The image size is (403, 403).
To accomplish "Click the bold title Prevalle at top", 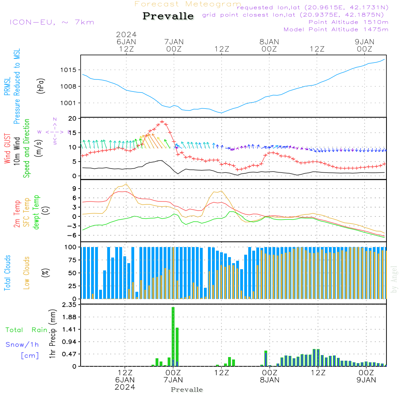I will tap(168, 16).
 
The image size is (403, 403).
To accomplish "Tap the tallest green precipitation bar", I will tap(173, 337).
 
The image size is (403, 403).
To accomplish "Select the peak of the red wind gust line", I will tap(162, 122).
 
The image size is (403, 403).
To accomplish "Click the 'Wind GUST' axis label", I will tap(7, 149).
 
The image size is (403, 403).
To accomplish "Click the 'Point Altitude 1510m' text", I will tap(348, 22).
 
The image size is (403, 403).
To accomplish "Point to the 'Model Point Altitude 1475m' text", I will tap(336, 29).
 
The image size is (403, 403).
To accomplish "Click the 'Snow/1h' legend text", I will tap(22, 345).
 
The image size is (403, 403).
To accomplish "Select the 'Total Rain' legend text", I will tap(26, 330).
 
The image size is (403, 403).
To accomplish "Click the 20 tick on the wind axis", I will tap(73, 118).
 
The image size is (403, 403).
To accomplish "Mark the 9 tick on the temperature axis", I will tap(74, 189).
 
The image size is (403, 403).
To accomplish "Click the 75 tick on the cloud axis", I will tap(72, 260).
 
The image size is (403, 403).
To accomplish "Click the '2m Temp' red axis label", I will tap(17, 213).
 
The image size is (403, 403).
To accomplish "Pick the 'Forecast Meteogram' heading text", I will tap(188, 4).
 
